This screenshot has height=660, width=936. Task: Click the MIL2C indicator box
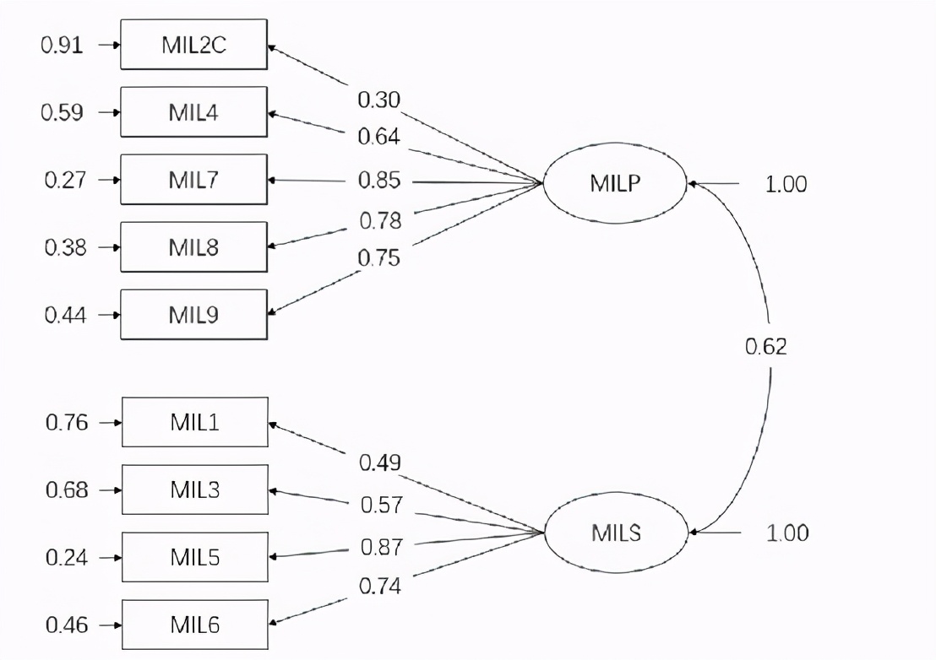[194, 45]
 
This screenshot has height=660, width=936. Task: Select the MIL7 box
[194, 180]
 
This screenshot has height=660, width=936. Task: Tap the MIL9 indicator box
[194, 315]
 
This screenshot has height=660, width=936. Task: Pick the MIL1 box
[195, 422]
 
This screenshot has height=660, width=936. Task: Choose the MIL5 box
[195, 557]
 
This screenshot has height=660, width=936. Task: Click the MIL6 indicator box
[195, 625]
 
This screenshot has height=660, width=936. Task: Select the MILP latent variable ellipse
[615, 182]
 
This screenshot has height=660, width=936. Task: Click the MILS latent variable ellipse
[617, 533]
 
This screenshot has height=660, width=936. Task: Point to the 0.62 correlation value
[765, 346]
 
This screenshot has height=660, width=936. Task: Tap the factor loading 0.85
[380, 181]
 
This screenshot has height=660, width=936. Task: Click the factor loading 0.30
[379, 100]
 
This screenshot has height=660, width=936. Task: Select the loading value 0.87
[381, 546]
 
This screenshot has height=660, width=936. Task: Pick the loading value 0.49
[380, 463]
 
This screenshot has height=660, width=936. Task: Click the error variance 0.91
[63, 45]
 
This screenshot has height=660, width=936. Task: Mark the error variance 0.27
[64, 180]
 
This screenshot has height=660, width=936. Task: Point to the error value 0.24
[67, 557]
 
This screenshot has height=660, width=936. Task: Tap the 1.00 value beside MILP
[786, 183]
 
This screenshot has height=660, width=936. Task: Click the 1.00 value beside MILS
[787, 533]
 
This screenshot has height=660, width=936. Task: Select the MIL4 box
[194, 112]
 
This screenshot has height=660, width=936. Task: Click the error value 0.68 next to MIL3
[67, 490]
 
